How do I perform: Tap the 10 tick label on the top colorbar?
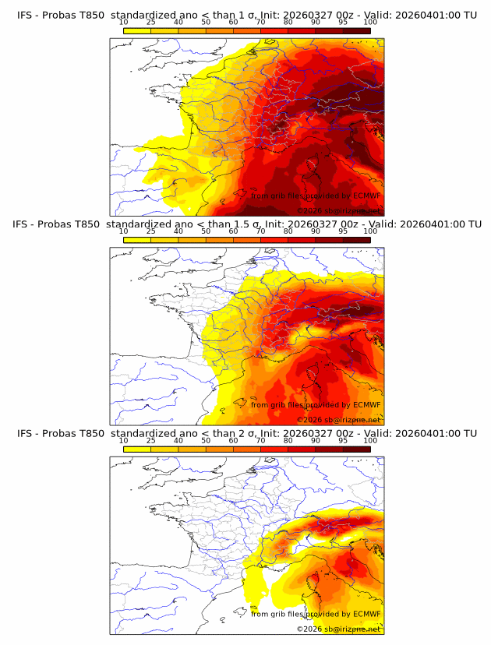tap(123, 23)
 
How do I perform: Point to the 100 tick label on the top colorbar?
tap(370, 23)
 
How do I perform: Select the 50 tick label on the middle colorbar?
tap(206, 232)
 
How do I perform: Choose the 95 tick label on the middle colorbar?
tap(343, 232)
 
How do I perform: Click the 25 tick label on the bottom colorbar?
tap(150, 441)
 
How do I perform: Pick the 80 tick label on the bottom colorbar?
tap(288, 441)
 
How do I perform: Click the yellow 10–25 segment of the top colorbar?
tap(137, 30)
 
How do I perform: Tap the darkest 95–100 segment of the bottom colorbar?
tap(356, 449)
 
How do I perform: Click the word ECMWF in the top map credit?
tap(366, 196)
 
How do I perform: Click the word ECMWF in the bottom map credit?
tap(366, 614)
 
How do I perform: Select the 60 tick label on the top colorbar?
tap(233, 23)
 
